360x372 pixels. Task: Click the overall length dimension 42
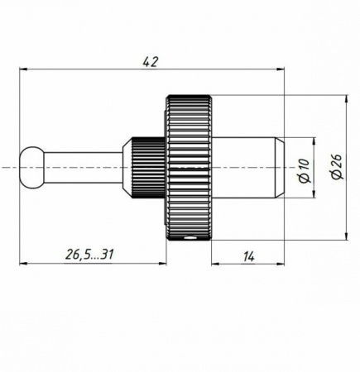(151, 62)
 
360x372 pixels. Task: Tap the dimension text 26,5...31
(89, 255)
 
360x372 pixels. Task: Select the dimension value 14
(249, 257)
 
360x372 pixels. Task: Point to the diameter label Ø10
(305, 170)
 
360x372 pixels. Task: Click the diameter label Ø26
(337, 167)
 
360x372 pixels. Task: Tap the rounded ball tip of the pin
(32, 168)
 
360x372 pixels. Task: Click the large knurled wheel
(189, 168)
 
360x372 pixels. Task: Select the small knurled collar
(148, 168)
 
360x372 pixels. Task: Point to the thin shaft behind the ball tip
(84, 168)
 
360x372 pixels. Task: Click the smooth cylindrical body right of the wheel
(243, 168)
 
